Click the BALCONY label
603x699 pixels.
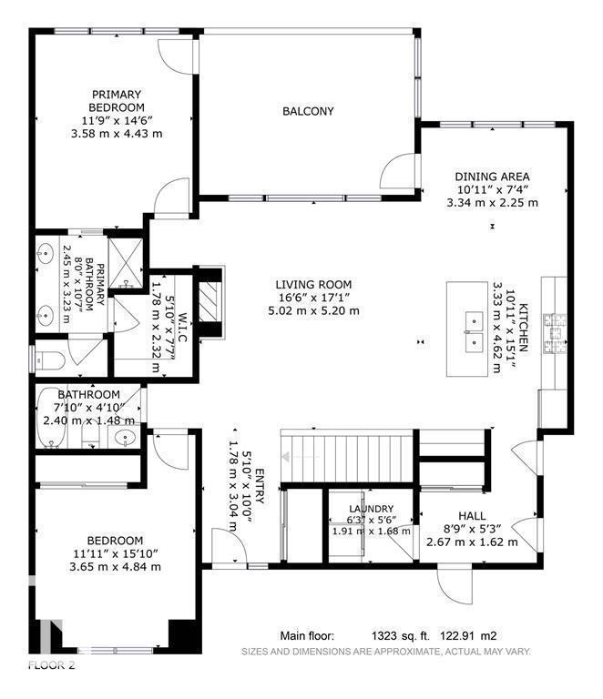click(x=308, y=112)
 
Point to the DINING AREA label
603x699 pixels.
click(x=493, y=177)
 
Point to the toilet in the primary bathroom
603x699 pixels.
click(x=47, y=360)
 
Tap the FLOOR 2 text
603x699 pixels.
click(x=51, y=666)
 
